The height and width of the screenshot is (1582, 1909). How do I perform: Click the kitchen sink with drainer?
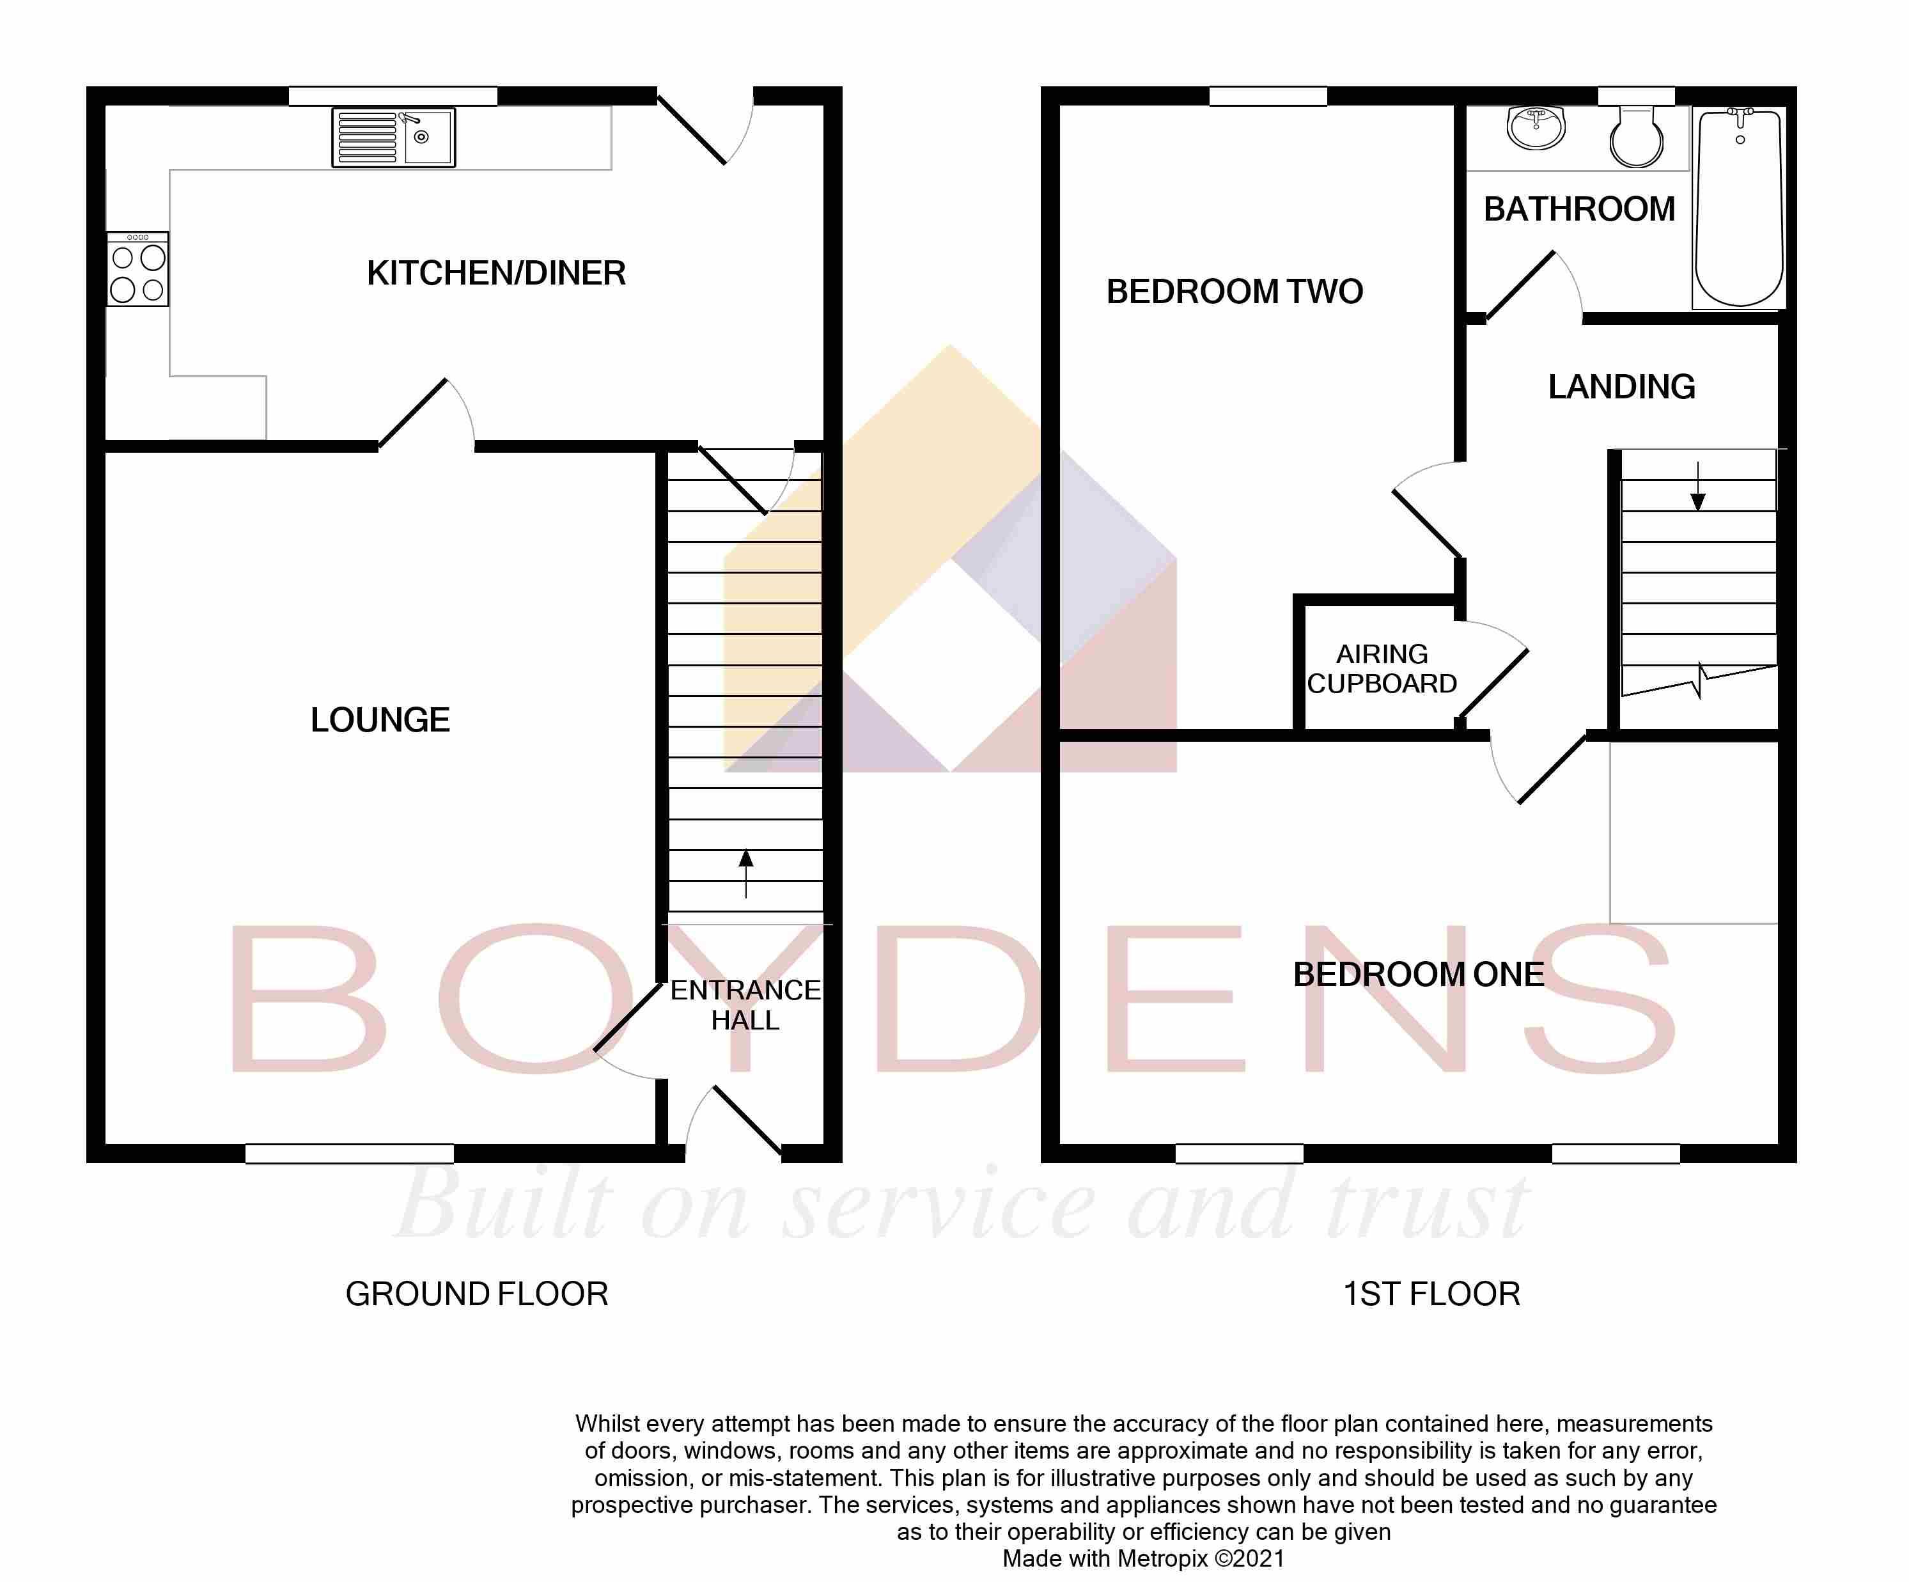point(394,137)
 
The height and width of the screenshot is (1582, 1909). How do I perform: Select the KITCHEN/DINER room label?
point(496,273)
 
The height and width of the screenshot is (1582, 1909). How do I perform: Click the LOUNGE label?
point(380,720)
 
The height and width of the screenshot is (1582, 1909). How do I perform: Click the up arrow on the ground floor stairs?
point(746,873)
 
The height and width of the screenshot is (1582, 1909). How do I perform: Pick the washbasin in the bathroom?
point(1536,127)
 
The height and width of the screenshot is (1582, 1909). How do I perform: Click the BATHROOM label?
point(1579,209)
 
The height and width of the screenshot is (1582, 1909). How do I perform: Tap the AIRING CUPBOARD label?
point(1382,668)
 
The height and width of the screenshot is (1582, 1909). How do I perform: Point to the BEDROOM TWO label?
point(1235,292)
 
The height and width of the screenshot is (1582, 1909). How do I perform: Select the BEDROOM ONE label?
point(1418,975)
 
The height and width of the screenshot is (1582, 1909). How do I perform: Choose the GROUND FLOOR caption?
point(476,1294)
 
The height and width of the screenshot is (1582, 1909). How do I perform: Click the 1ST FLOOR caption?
point(1432,1294)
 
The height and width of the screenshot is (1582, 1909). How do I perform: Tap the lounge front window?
point(349,1153)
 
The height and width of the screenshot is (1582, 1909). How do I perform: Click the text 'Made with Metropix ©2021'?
point(1144,1559)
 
